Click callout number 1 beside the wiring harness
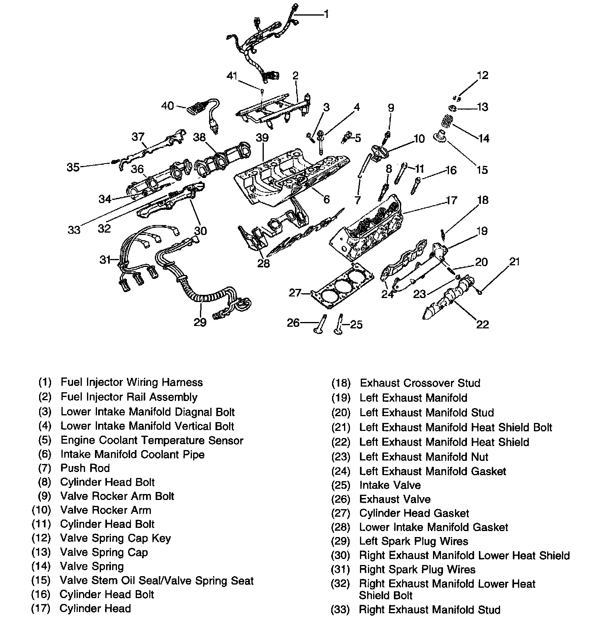[326, 14]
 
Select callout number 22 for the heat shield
[482, 324]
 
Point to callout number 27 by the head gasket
[295, 293]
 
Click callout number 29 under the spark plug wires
[200, 322]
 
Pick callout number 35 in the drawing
[73, 167]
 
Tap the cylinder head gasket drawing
[343, 286]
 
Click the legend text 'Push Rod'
[85, 468]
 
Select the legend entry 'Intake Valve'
[390, 485]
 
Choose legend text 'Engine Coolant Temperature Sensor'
[152, 440]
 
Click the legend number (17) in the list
[41, 608]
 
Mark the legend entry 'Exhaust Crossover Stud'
[420, 383]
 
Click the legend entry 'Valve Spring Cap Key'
[115, 538]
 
